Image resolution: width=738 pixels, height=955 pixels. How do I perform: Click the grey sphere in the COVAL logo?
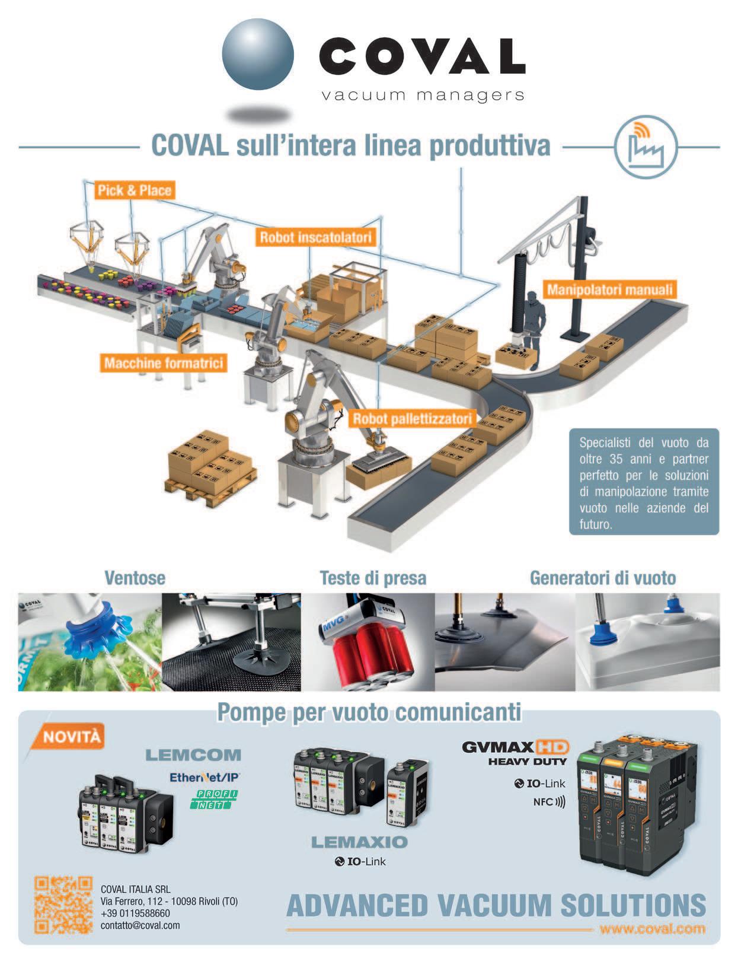coord(258,55)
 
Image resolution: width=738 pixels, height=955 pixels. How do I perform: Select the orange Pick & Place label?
coord(135,190)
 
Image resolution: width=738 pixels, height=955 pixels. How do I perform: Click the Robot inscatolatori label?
coord(317,238)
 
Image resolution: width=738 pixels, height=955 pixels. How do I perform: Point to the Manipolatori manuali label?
coord(610,290)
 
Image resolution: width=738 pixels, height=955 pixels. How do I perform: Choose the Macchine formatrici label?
coord(164,362)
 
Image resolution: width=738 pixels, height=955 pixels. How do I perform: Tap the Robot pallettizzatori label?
coord(413,419)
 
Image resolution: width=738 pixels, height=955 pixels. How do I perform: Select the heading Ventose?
coord(135,578)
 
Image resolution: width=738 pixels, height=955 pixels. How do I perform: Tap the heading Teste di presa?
coord(373,578)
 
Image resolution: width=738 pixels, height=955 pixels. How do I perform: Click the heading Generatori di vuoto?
coord(602,578)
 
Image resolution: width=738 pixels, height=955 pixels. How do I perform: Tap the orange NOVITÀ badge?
coord(72,737)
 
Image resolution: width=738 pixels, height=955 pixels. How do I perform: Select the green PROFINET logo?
coord(214,799)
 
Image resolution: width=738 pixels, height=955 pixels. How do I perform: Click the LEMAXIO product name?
coord(359,842)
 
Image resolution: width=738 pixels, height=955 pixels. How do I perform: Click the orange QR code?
coord(63,905)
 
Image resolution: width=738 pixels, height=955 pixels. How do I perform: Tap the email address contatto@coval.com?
coord(140,925)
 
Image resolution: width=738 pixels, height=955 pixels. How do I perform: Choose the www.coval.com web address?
coord(652,928)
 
